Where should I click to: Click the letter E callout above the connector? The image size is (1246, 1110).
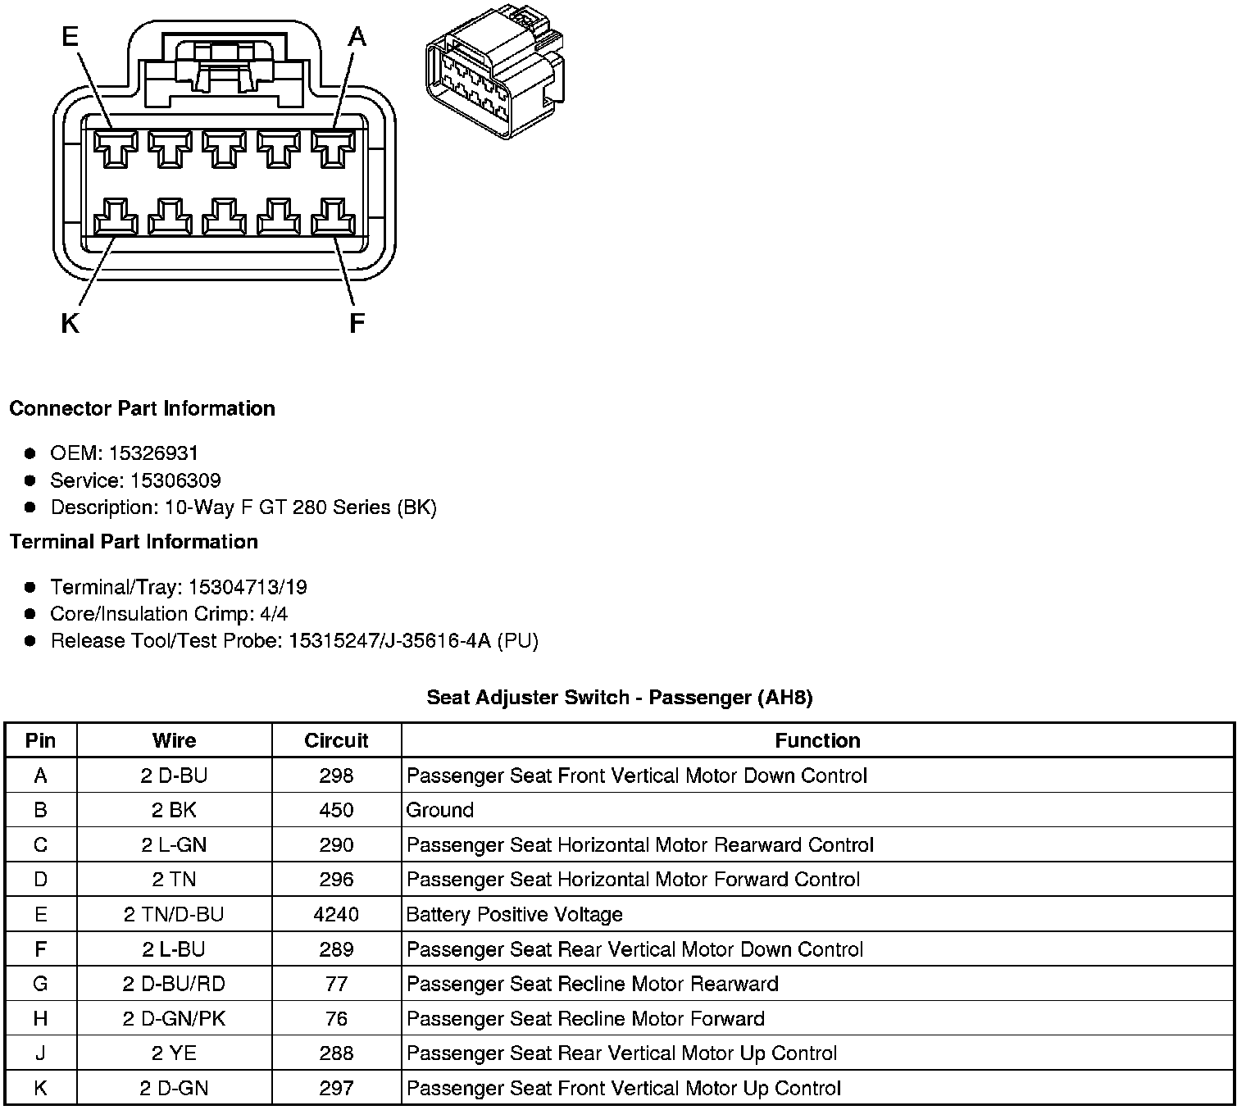(x=71, y=36)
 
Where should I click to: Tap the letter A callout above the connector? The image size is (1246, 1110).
(x=357, y=36)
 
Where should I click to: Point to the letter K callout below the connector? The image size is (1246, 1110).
(x=70, y=325)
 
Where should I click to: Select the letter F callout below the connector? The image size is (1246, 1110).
(x=357, y=325)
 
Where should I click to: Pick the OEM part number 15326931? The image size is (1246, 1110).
(x=153, y=453)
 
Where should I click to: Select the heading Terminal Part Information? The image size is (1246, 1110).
(x=134, y=542)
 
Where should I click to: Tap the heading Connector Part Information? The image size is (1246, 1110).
(x=142, y=408)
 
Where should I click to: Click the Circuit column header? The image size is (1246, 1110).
(x=336, y=740)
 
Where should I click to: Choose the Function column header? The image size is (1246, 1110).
(x=817, y=740)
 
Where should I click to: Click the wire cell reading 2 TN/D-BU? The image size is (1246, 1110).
(x=174, y=914)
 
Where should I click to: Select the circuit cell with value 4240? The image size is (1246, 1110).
(x=336, y=914)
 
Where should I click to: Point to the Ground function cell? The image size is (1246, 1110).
(x=440, y=810)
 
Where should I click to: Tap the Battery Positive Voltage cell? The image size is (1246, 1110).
(x=515, y=914)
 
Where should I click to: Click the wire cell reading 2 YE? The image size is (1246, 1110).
(x=174, y=1053)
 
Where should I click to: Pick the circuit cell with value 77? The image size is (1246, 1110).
(x=336, y=984)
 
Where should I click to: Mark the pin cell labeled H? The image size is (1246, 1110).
(x=40, y=1019)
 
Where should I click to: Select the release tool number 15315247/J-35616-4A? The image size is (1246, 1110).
(x=389, y=641)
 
